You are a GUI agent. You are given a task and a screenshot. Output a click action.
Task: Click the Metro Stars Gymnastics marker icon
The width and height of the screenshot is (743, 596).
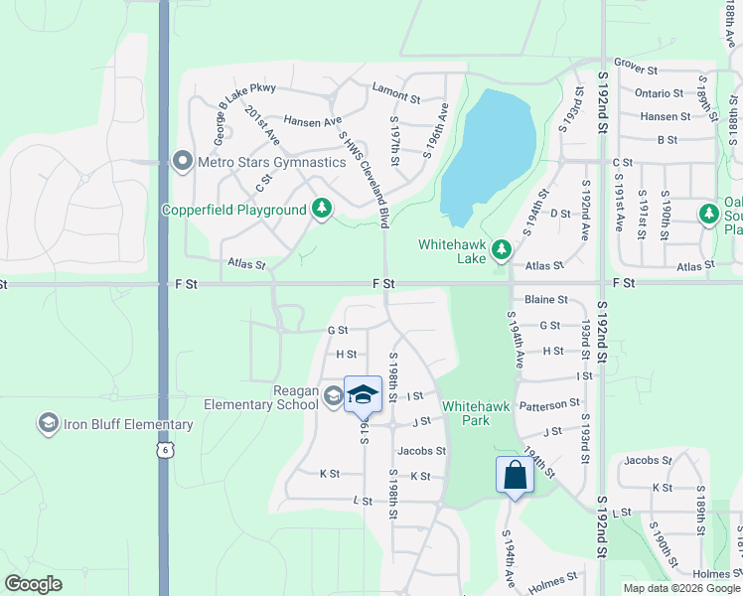(x=181, y=161)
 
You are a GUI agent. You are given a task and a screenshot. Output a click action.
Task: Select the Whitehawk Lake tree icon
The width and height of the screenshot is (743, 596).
(x=502, y=249)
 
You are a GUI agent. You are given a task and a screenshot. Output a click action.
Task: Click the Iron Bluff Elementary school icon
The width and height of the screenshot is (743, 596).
(x=47, y=425)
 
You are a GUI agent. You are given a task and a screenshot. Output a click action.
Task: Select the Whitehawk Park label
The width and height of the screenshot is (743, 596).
(x=480, y=413)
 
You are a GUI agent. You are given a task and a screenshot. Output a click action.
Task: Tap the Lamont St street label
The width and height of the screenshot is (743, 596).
(x=396, y=87)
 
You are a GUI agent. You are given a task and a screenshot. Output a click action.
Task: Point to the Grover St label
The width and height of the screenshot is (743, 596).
(x=636, y=71)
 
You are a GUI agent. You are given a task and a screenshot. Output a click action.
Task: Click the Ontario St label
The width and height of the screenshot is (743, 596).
(x=659, y=93)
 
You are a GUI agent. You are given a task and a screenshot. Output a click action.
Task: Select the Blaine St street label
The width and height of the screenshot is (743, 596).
(x=545, y=299)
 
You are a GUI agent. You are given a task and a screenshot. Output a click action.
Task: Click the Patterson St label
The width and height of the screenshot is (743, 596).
(x=548, y=404)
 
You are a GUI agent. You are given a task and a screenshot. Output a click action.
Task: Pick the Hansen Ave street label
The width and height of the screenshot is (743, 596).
(x=312, y=121)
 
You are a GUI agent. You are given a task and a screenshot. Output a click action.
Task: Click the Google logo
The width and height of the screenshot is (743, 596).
(x=34, y=584)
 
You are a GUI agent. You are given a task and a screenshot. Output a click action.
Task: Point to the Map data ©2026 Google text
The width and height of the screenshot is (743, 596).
(x=681, y=588)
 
